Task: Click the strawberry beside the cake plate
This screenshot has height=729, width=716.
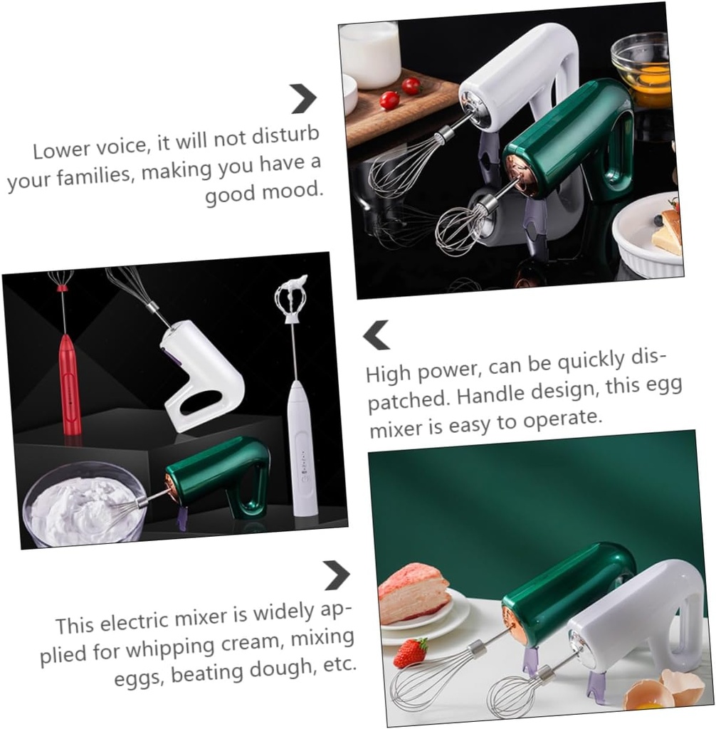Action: coord(411,652)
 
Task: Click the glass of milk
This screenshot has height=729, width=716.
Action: coord(369,53)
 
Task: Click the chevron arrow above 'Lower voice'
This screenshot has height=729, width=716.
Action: coord(303,98)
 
